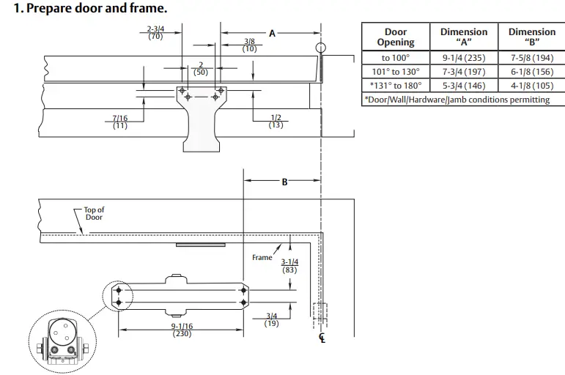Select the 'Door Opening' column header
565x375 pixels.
click(x=396, y=37)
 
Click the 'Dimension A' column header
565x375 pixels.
click(x=463, y=37)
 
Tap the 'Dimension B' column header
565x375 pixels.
click(x=531, y=37)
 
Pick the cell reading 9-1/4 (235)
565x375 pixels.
click(x=463, y=58)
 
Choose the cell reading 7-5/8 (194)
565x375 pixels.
click(x=531, y=58)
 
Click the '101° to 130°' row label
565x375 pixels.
click(x=396, y=72)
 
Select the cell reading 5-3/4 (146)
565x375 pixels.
click(x=463, y=85)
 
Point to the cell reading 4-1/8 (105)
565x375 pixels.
click(x=531, y=85)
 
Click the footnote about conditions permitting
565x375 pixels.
click(x=457, y=99)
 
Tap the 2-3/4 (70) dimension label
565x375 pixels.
click(x=155, y=32)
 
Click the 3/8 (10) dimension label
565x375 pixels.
click(x=250, y=45)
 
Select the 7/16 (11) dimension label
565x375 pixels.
click(x=120, y=122)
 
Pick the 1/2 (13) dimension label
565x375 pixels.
click(x=276, y=122)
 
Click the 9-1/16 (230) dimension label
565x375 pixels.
click(x=182, y=330)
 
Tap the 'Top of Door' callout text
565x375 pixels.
click(x=94, y=213)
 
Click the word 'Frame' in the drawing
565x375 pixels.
click(x=262, y=258)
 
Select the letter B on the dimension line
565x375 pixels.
click(x=285, y=182)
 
